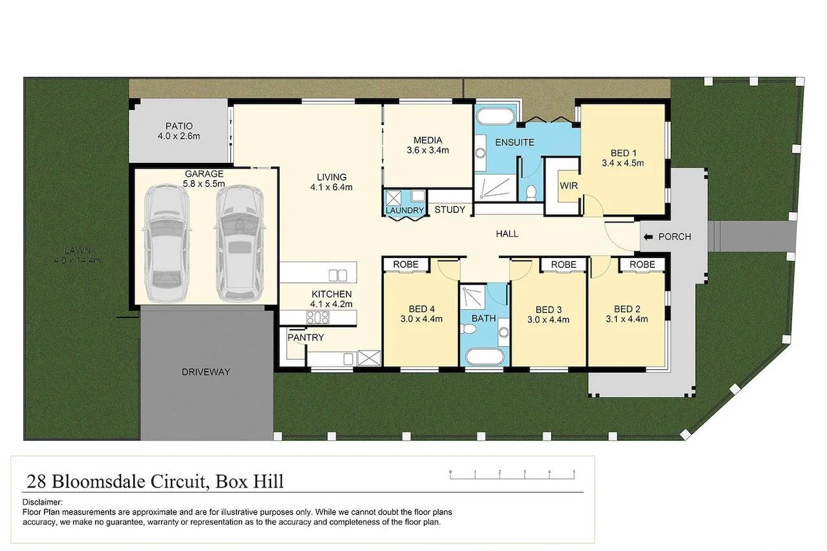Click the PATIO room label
pyautogui.click(x=179, y=126)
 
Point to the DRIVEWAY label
pyautogui.click(x=206, y=372)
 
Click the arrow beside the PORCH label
pyautogui.click(x=648, y=237)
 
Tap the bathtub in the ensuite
pyautogui.click(x=495, y=116)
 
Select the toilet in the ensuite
pyautogui.click(x=530, y=192)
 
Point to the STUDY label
pyautogui.click(x=450, y=210)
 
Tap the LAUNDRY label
pyautogui.click(x=405, y=211)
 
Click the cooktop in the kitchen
pyautogui.click(x=317, y=317)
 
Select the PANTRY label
pyautogui.click(x=306, y=338)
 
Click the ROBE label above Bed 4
pyautogui.click(x=406, y=265)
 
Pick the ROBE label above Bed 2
pyautogui.click(x=642, y=265)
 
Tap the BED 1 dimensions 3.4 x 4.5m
pyautogui.click(x=623, y=163)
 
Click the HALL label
pyautogui.click(x=507, y=233)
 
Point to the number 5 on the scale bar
pyautogui.click(x=574, y=472)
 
